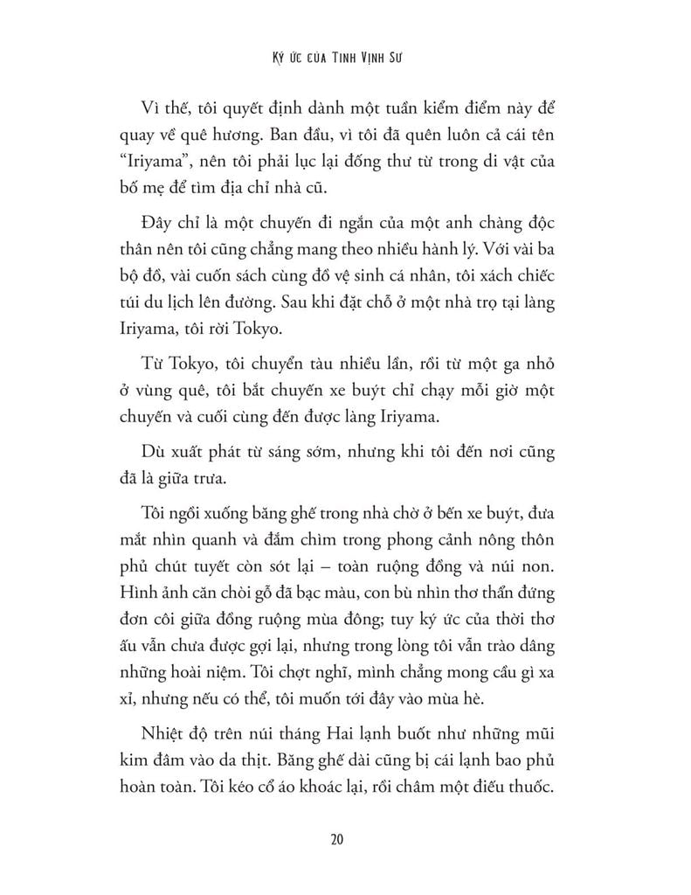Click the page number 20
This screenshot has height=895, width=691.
[x=345, y=841]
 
